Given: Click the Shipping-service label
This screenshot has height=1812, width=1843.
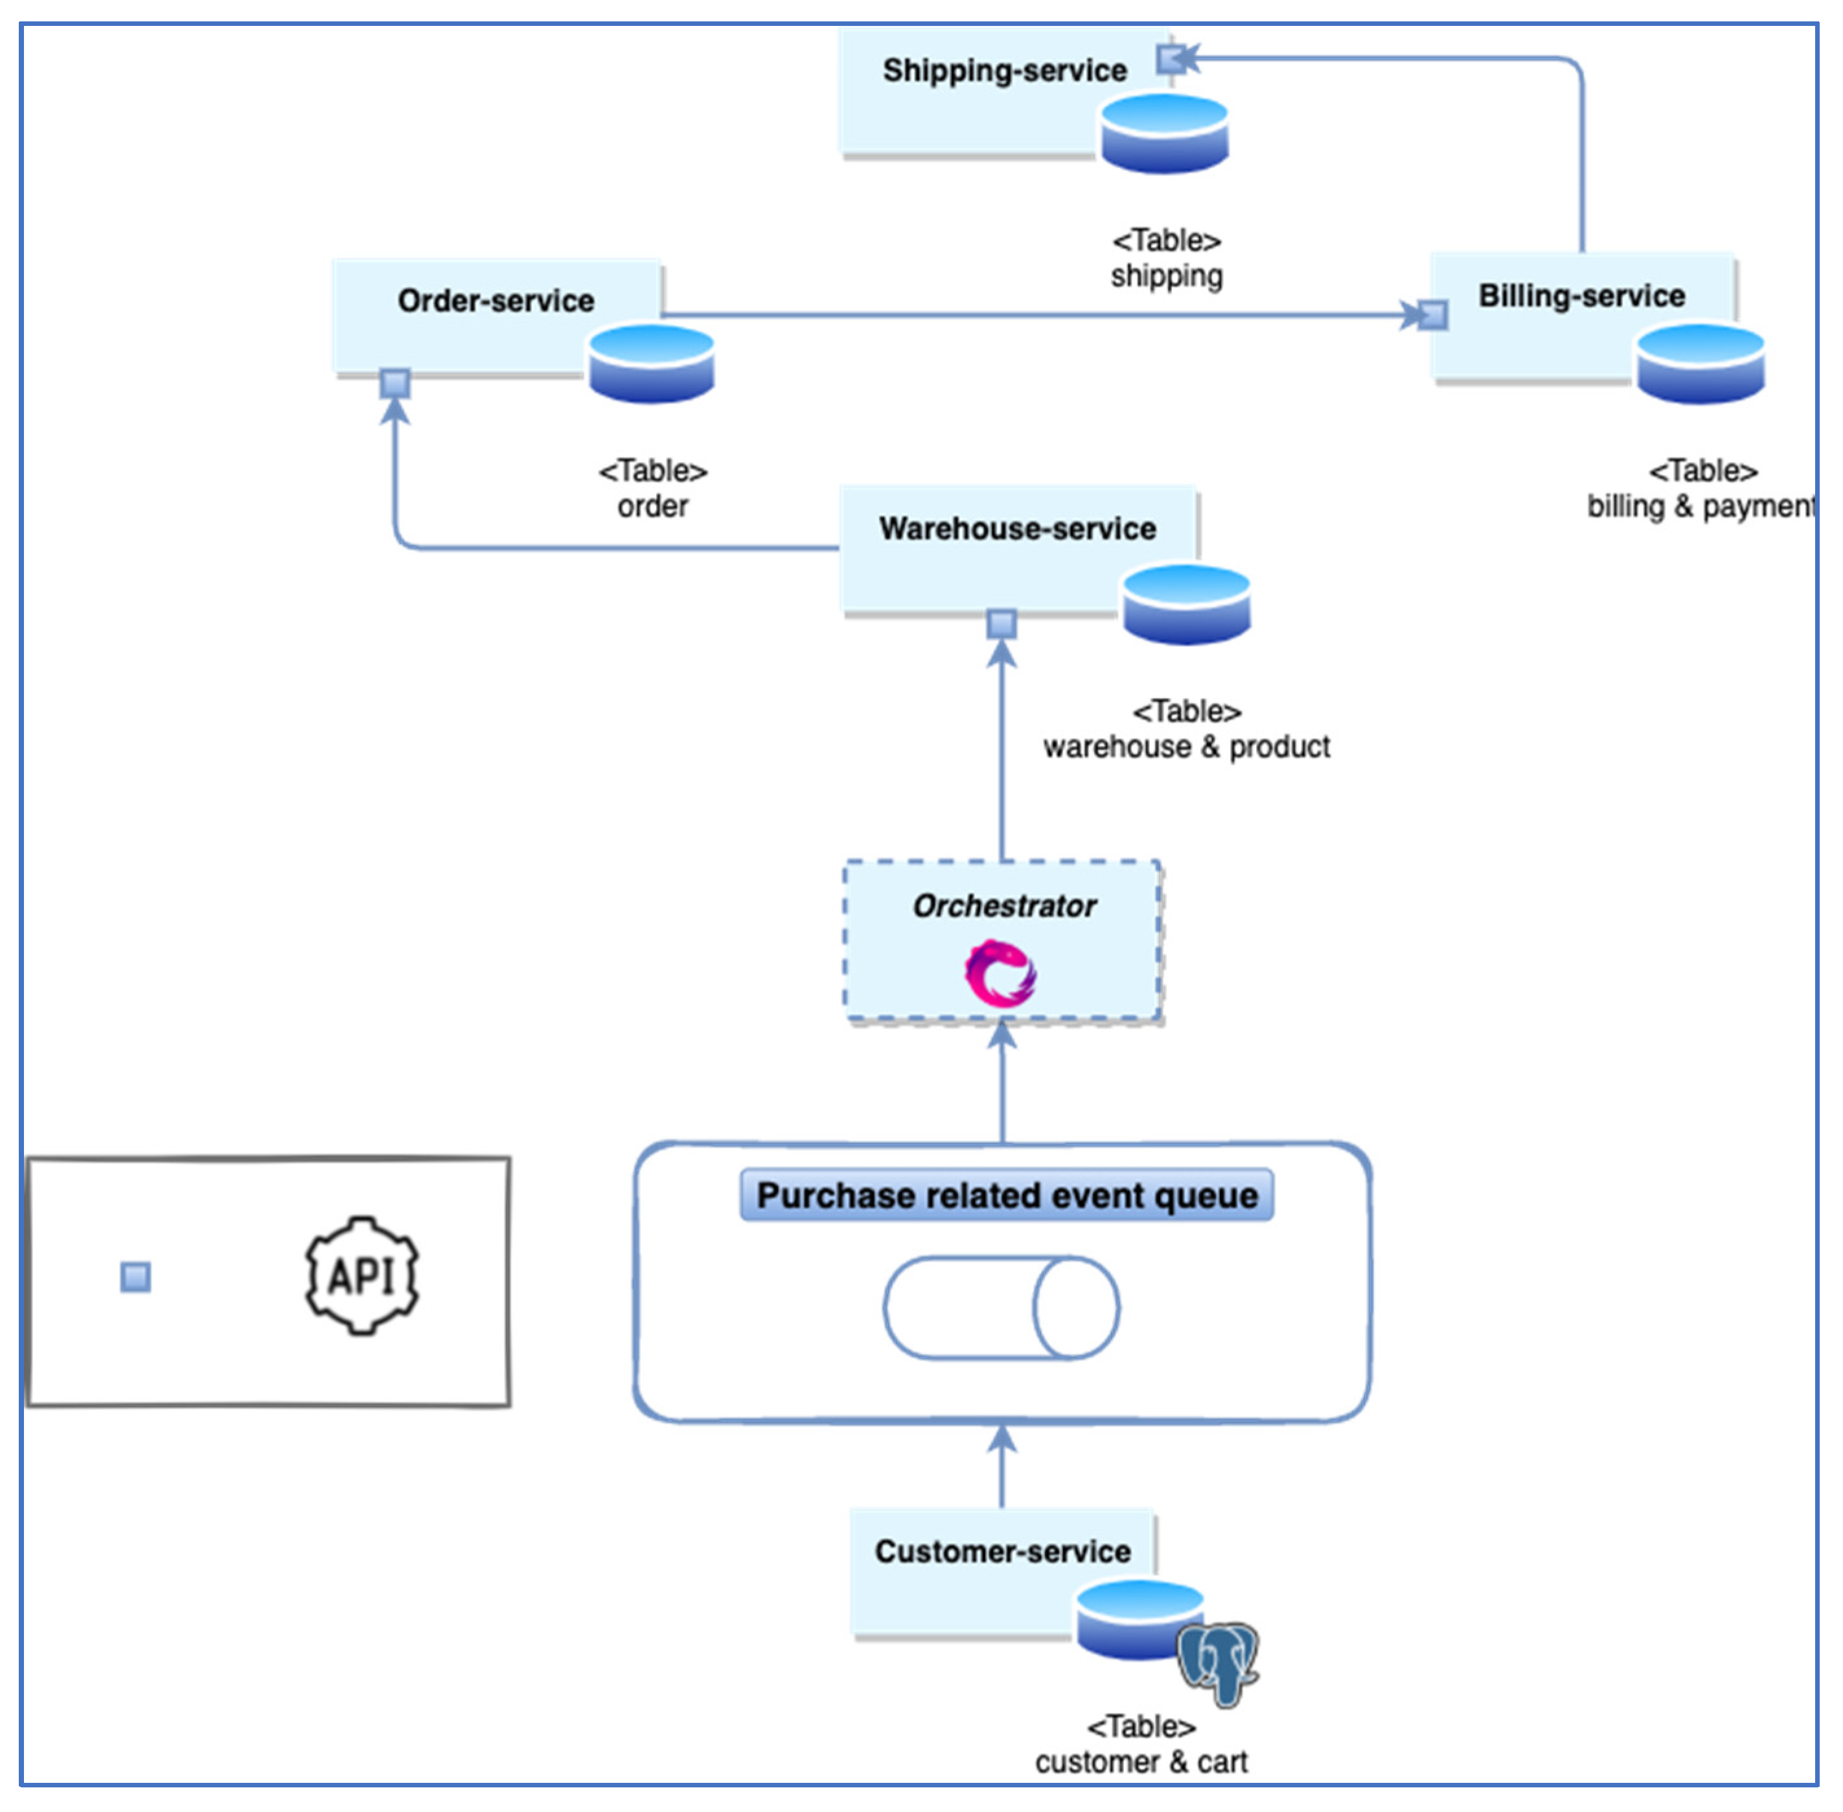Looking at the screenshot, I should [x=1004, y=71].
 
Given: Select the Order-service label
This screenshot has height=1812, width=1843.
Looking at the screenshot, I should [x=496, y=301].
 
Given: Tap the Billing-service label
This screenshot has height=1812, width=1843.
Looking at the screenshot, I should [x=1581, y=296].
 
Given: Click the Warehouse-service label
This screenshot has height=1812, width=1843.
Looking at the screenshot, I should [x=1017, y=528].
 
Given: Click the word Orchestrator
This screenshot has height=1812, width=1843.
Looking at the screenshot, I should [x=1004, y=905].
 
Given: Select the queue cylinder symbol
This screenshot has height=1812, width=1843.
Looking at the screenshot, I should [x=1001, y=1308].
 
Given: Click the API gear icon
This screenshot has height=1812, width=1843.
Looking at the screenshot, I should [x=361, y=1275].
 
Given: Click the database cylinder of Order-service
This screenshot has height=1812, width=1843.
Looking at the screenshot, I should [x=651, y=364].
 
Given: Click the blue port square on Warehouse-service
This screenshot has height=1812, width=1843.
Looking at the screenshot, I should [x=1001, y=624].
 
